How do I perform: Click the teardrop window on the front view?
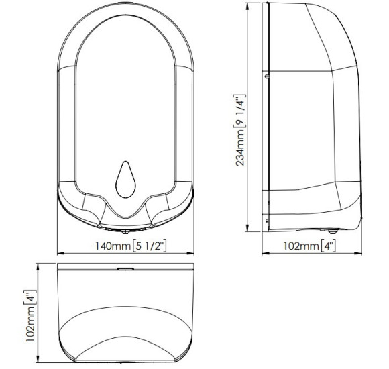pyautogui.click(x=125, y=180)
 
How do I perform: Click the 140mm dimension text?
pyautogui.click(x=113, y=246)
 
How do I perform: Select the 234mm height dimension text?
pyautogui.click(x=240, y=148)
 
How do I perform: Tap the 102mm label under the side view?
pyautogui.click(x=301, y=246)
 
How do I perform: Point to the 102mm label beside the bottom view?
pyautogui.click(x=30, y=324)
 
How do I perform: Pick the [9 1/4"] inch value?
pyautogui.click(x=240, y=111)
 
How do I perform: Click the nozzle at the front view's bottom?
pyautogui.click(x=125, y=231)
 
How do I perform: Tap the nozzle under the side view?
pyautogui.click(x=332, y=231)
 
